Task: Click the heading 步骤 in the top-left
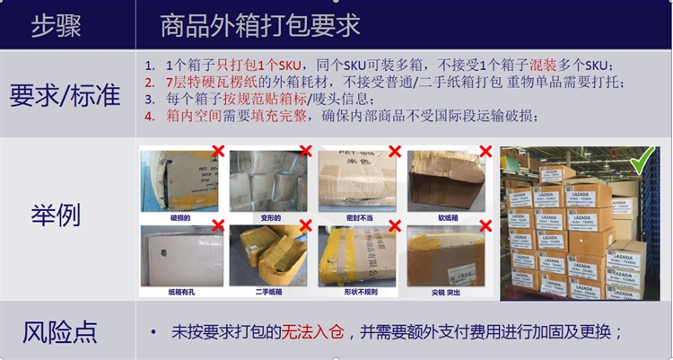(55, 24)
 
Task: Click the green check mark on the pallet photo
(641, 162)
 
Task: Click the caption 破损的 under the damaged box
(178, 217)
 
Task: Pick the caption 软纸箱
(448, 217)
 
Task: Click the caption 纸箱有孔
(178, 292)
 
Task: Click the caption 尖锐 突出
(448, 292)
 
